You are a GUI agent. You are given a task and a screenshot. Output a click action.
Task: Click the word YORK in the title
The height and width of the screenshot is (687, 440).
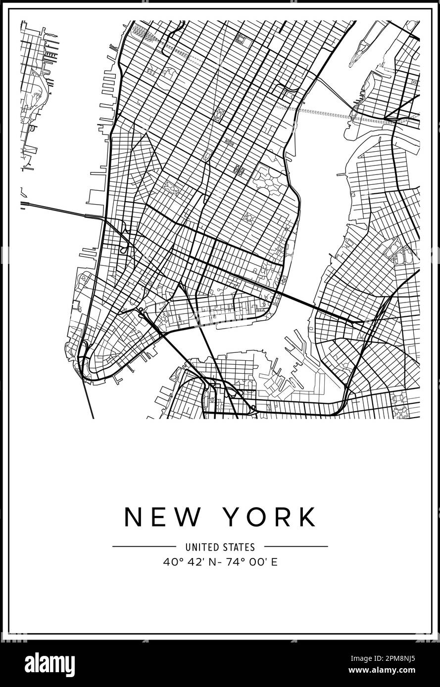(x=270, y=517)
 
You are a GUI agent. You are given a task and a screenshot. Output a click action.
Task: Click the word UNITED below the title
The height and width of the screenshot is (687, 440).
(x=201, y=547)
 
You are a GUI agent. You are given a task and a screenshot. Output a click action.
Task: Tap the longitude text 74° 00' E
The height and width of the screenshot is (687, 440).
(x=252, y=562)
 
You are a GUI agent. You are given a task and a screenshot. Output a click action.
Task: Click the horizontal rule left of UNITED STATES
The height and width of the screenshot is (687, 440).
(x=144, y=547)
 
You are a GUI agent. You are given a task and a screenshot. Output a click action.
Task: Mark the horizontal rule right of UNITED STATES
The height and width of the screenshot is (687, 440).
(x=296, y=547)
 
